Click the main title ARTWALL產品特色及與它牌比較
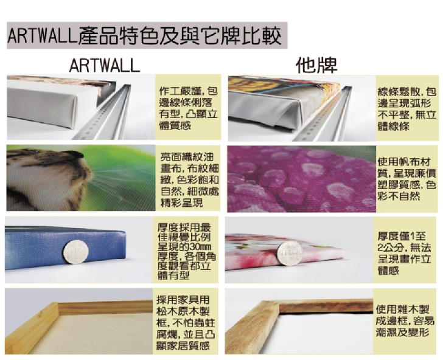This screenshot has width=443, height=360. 144,36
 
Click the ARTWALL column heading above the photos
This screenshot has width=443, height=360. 105,66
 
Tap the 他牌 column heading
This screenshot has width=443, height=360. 316,66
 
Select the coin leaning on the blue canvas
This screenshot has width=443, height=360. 76,252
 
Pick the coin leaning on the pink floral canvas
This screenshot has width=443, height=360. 290,253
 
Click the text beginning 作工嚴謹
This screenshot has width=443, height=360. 188,108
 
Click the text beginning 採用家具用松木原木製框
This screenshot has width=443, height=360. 186,323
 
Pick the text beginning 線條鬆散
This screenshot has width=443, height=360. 407,109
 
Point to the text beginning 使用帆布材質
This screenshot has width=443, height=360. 407,179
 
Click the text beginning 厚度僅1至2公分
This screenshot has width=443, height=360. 404,253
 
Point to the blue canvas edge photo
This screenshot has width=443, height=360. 65,249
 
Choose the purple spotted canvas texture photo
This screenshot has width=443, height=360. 301,179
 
